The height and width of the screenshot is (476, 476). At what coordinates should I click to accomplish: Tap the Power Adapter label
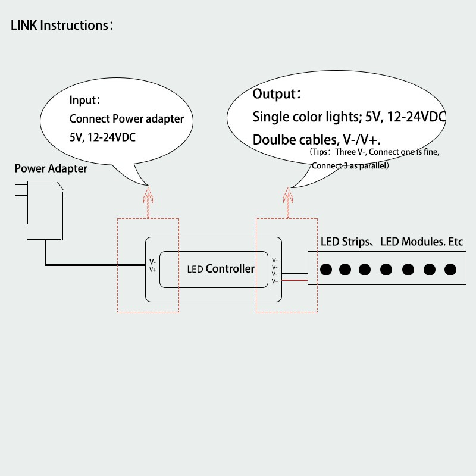(x=51, y=168)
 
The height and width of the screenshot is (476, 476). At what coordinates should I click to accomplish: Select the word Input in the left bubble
(x=83, y=100)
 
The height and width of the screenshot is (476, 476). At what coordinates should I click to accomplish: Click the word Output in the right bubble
(x=274, y=94)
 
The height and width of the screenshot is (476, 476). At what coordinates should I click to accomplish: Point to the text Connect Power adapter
(x=127, y=118)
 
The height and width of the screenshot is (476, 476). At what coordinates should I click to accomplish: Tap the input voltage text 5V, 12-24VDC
(x=102, y=137)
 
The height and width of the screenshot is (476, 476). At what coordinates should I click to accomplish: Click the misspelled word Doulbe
(x=274, y=140)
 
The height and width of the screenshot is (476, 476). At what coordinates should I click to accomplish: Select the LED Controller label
(x=221, y=269)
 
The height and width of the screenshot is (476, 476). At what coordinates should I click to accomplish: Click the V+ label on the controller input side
(x=153, y=270)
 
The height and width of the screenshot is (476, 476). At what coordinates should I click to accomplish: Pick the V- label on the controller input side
(x=152, y=262)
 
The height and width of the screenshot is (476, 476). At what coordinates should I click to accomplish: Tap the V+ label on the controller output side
(x=275, y=281)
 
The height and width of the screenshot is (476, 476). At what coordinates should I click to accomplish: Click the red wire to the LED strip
(x=295, y=280)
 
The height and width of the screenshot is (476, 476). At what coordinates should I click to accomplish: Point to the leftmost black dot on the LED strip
(x=326, y=270)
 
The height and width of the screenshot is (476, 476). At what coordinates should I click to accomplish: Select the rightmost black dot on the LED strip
(x=450, y=270)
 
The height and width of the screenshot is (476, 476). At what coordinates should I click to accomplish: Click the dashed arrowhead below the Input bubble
(x=148, y=195)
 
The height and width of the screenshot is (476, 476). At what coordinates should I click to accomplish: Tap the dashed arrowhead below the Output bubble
(x=288, y=195)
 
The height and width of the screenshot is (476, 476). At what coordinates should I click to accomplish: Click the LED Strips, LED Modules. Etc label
(x=392, y=242)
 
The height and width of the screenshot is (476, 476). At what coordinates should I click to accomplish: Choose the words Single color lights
(x=307, y=117)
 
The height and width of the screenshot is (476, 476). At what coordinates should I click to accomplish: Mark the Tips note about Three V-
(x=374, y=158)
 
